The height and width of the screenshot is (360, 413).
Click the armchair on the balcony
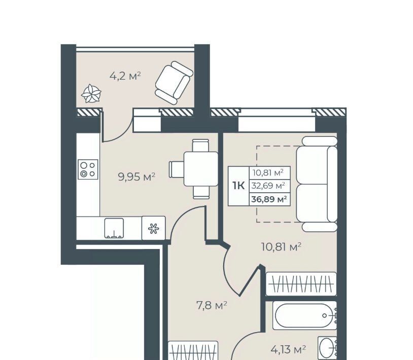[174, 83]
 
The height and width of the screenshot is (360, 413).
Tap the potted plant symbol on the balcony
[91, 93]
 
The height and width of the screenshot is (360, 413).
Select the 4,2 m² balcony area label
[125, 77]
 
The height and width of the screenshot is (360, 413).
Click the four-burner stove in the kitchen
[88, 169]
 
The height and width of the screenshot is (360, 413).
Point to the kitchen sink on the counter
[114, 228]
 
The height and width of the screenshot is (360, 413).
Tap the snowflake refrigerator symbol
[154, 228]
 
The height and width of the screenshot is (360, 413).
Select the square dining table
[201, 169]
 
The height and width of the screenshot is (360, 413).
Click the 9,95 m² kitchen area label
[136, 177]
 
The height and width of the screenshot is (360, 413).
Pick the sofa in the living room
[317, 184]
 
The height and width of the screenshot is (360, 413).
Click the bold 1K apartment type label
[238, 186]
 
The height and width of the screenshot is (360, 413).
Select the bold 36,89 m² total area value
[269, 199]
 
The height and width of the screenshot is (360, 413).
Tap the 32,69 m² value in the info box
[268, 186]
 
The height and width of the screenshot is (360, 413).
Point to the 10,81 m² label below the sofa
[281, 247]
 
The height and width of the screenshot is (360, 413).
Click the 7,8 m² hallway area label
[212, 306]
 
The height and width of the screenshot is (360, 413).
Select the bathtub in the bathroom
[305, 315]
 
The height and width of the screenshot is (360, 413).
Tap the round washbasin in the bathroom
[326, 348]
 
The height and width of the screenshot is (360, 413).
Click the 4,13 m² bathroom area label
[288, 350]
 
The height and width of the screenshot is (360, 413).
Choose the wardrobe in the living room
[301, 284]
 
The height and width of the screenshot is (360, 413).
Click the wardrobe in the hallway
[193, 350]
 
